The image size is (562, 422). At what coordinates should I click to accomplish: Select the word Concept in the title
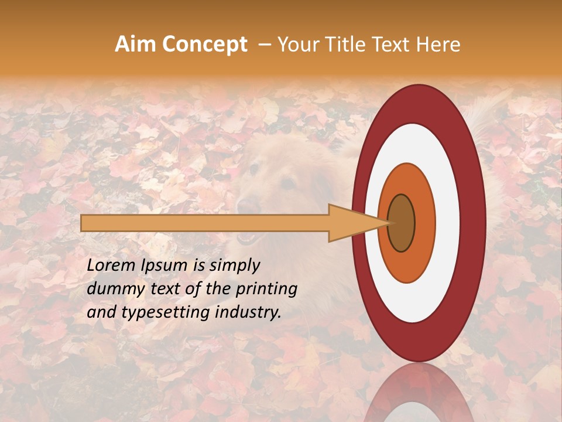pyautogui.click(x=205, y=45)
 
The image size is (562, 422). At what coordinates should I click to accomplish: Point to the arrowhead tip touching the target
pyautogui.click(x=389, y=223)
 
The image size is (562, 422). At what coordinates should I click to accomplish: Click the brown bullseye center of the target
pyautogui.click(x=402, y=223)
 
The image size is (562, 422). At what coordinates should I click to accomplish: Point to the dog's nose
pyautogui.click(x=248, y=206)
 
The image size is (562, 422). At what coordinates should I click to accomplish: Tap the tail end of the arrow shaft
pyautogui.click(x=84, y=223)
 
